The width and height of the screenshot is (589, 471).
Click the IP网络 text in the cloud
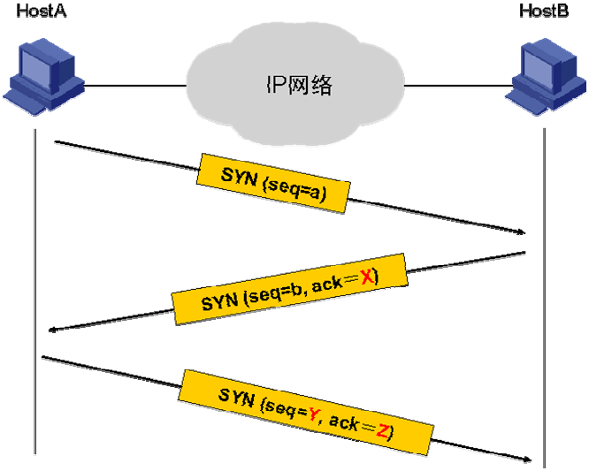point(300,86)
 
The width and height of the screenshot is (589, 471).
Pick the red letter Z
point(382,432)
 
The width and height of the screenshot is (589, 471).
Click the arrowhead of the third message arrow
point(525,460)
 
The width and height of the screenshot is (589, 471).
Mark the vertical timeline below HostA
point(35,265)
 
